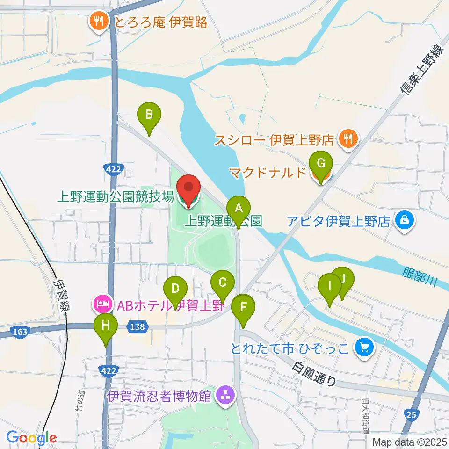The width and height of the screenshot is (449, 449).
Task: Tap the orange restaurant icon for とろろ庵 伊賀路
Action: pos(99,21)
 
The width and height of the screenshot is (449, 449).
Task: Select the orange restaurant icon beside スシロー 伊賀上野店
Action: pos(348,139)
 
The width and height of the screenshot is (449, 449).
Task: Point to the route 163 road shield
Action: pos(19,332)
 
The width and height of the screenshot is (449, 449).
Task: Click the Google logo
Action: pos(31,438)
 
